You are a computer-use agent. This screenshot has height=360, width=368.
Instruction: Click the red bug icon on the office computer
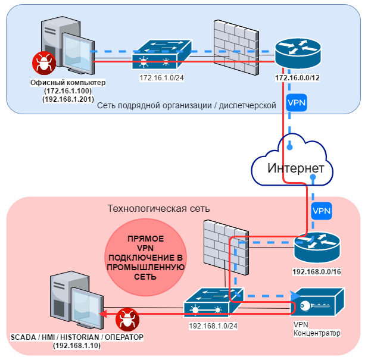(43, 61)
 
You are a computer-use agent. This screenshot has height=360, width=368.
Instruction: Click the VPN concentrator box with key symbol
(318, 302)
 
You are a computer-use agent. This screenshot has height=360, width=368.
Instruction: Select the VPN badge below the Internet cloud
(322, 211)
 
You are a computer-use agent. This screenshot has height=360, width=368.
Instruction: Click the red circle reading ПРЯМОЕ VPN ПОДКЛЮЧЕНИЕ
(146, 258)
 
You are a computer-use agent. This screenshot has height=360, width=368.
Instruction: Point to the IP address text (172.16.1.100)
(67, 90)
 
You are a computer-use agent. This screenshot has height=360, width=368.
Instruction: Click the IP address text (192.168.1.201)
(67, 98)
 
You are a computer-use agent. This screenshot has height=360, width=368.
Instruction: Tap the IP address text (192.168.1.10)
(77, 346)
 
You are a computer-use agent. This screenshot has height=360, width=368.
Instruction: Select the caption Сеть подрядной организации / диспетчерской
(186, 105)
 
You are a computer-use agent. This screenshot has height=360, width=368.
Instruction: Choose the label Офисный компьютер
(67, 82)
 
